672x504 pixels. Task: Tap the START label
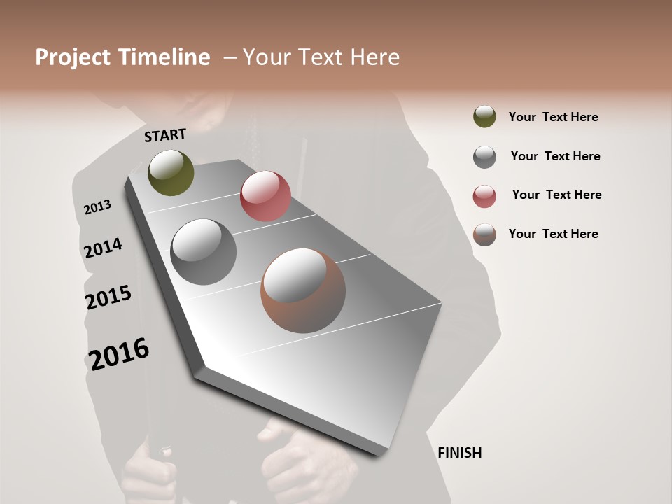(165, 135)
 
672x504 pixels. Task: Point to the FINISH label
(460, 453)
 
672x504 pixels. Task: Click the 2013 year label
(97, 206)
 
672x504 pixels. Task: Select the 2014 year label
(103, 248)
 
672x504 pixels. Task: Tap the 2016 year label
(119, 354)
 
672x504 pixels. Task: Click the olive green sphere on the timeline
(171, 172)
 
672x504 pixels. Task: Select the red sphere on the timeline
(265, 196)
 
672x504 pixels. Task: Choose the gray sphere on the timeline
(204, 252)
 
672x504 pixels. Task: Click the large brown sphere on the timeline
(303, 290)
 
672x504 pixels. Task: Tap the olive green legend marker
(484, 116)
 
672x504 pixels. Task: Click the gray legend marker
(484, 157)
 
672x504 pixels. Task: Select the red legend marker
(484, 196)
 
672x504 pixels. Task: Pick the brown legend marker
(484, 234)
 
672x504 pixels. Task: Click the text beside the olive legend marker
(553, 117)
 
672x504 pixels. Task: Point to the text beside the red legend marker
(556, 195)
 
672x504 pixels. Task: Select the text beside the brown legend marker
(553, 234)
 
